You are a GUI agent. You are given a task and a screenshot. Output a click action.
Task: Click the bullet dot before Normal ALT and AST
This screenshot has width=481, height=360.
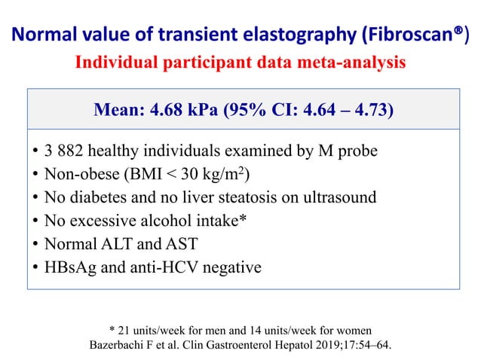(x=35, y=245)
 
